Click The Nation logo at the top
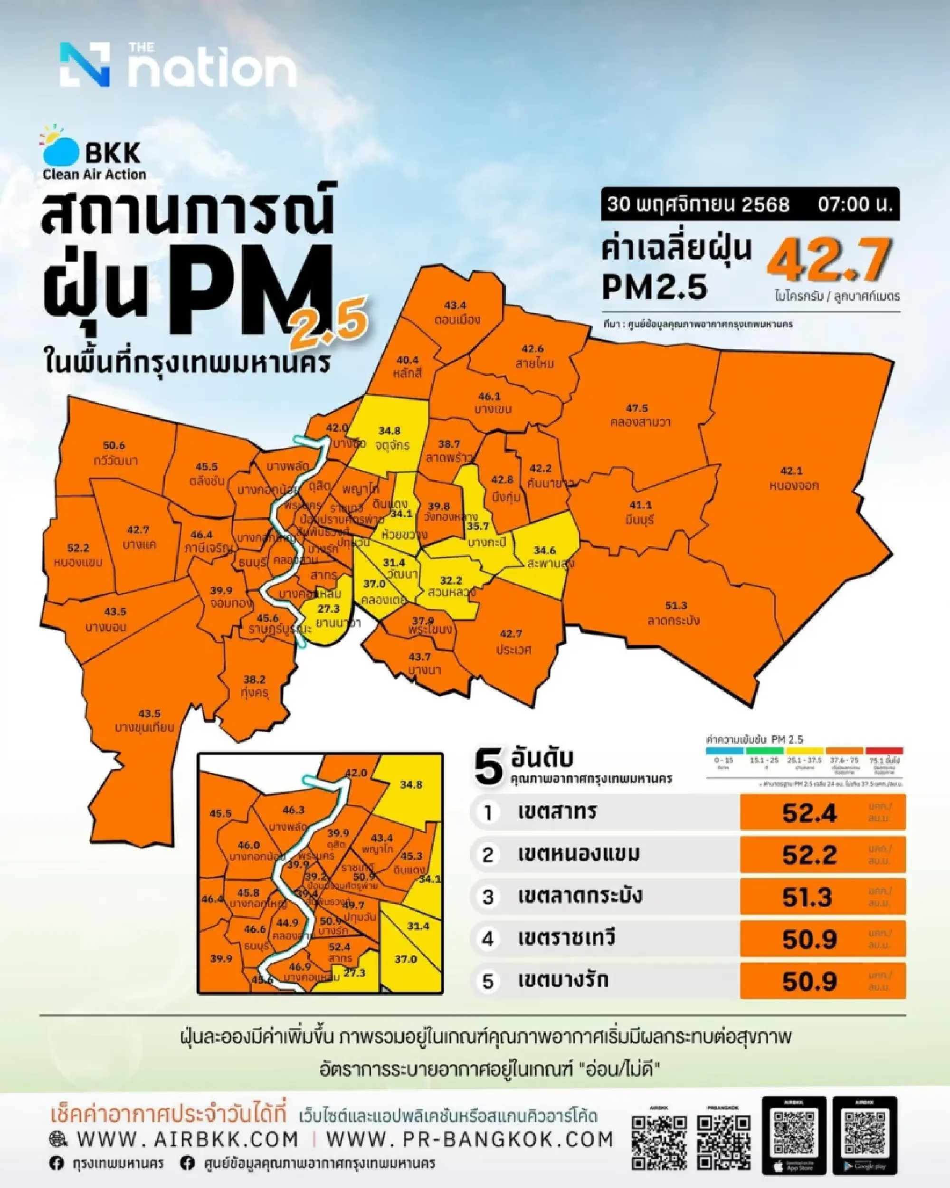click(x=178, y=65)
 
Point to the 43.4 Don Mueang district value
click(x=456, y=305)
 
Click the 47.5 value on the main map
click(x=636, y=409)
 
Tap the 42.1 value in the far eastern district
click(x=792, y=471)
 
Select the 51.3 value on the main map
click(x=675, y=606)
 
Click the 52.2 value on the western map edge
click(x=78, y=548)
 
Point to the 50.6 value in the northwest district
click(x=114, y=445)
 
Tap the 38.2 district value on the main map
click(x=255, y=679)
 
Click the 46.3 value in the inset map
click(x=293, y=810)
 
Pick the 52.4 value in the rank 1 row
click(x=809, y=813)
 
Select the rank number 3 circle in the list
click(x=488, y=897)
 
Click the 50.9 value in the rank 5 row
click(x=809, y=981)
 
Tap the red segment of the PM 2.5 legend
click(x=884, y=751)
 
